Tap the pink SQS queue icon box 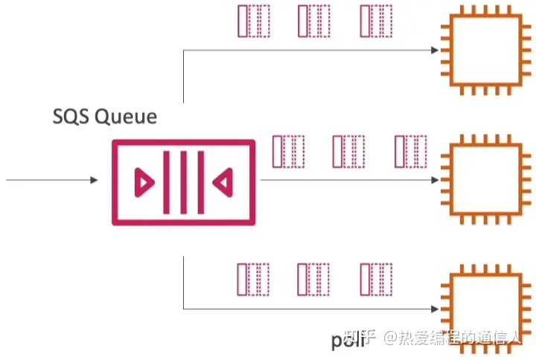[x=183, y=181]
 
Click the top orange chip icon [x=478, y=51]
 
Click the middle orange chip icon [x=478, y=180]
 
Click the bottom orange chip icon [x=478, y=306]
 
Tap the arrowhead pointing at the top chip [x=433, y=51]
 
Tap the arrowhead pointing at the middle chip [x=433, y=180]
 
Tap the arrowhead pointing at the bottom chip [x=433, y=307]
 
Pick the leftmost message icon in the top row [x=252, y=22]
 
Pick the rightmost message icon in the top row [x=375, y=22]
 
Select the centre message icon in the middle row [x=347, y=151]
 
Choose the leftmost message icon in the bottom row [x=252, y=279]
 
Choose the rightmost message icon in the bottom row [x=375, y=279]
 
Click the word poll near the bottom [x=347, y=340]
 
